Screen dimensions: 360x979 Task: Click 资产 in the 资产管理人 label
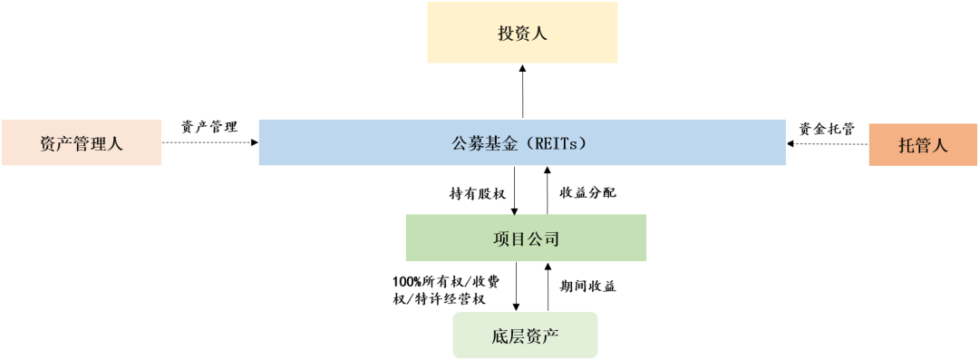click(x=57, y=144)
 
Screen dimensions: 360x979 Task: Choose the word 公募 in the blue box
click(x=468, y=143)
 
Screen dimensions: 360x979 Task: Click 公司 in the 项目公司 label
click(x=542, y=240)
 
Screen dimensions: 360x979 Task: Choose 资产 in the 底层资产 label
click(x=542, y=335)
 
